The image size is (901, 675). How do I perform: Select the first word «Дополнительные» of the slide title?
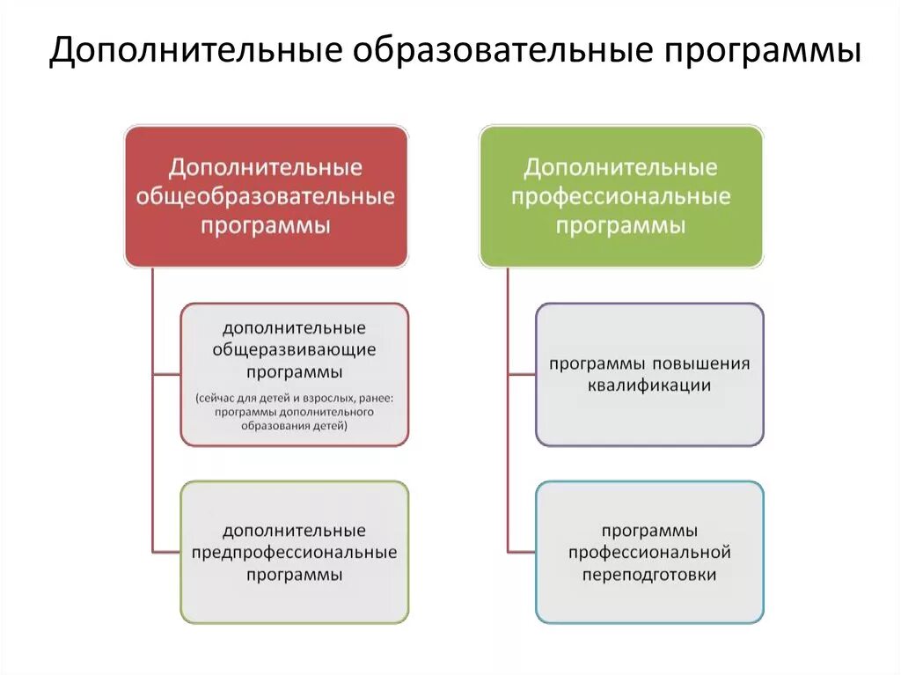pos(194,51)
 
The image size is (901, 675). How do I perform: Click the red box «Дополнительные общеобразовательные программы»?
pos(266,195)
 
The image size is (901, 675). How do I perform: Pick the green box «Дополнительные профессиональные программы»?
pos(621,195)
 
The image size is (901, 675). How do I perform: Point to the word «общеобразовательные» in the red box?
pos(266,196)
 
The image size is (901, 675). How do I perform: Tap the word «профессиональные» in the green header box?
pos(621,196)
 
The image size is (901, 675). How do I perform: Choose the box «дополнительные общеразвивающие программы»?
pos(295,374)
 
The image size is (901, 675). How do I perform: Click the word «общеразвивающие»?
pos(295,349)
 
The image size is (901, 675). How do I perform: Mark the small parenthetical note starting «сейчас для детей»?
pos(295,411)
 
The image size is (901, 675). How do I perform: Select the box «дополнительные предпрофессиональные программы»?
pos(295,552)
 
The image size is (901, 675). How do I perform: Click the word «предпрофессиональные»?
pos(295,553)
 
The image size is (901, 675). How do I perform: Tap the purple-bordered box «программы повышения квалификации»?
pos(650,374)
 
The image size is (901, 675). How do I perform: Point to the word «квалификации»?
pos(650,385)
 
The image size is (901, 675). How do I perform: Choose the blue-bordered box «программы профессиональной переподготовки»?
pos(650,552)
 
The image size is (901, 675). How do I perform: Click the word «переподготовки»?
pos(650,575)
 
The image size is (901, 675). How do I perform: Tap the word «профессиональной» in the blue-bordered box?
pos(650,553)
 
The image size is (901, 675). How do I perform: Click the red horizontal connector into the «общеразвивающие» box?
pos(166,374)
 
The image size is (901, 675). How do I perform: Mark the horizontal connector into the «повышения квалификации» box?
pos(522,374)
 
